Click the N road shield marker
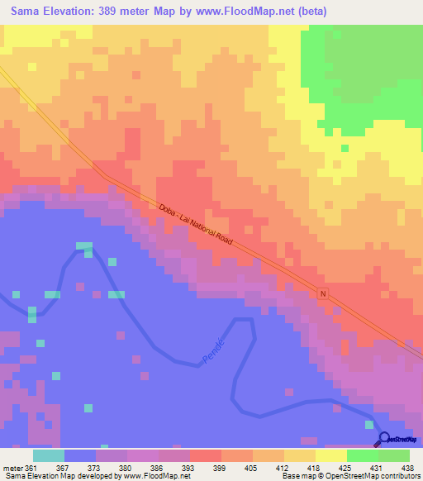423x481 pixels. pyautogui.click(x=323, y=293)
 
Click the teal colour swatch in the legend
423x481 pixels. pyautogui.click(x=49, y=455)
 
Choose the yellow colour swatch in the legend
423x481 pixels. pyautogui.click(x=331, y=455)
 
